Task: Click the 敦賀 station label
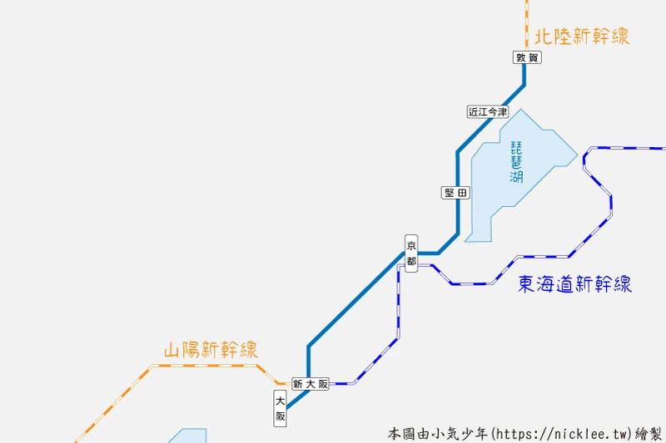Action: [527, 57]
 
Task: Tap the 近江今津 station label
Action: [487, 111]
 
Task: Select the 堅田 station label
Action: [456, 193]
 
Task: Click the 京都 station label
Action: [411, 253]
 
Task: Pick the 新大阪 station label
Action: [311, 384]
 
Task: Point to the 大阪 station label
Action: [281, 408]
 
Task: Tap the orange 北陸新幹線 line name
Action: [582, 37]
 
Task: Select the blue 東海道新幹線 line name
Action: [574, 284]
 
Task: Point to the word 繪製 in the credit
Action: [649, 434]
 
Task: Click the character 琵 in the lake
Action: [517, 147]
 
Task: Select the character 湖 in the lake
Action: [517, 177]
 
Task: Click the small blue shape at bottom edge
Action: [189, 436]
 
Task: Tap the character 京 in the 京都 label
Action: [411, 244]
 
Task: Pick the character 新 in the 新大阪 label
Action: [298, 384]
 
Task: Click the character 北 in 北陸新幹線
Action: [544, 37]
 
